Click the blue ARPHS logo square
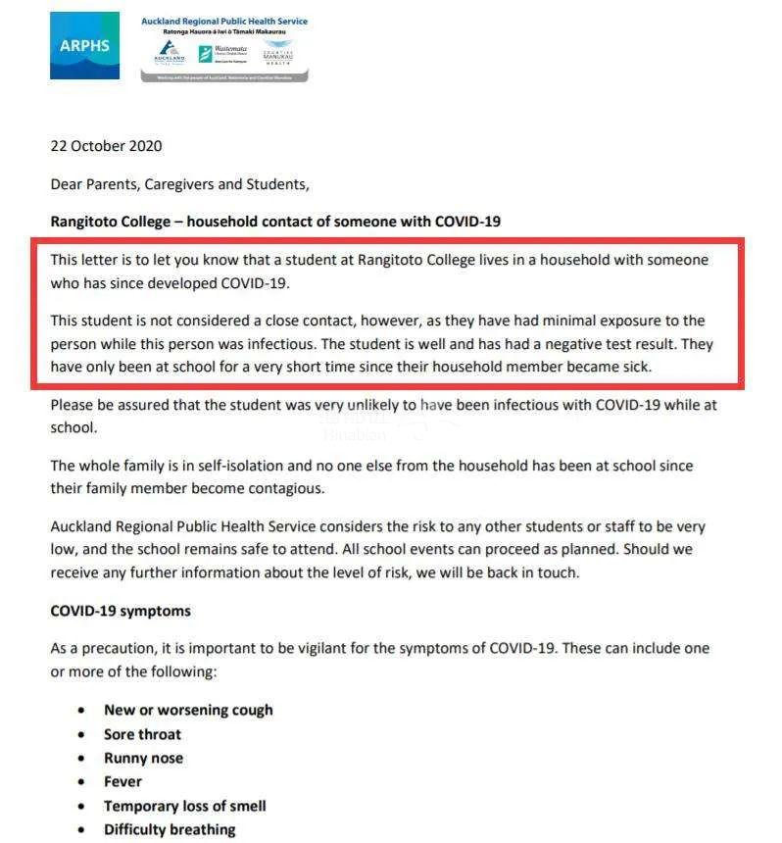tap(84, 46)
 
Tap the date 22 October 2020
tap(106, 146)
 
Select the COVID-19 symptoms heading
tap(121, 611)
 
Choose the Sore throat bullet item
tap(142, 734)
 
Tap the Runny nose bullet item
tap(143, 758)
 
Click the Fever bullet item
tap(122, 781)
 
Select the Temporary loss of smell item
tap(184, 806)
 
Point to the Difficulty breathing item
tap(170, 829)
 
